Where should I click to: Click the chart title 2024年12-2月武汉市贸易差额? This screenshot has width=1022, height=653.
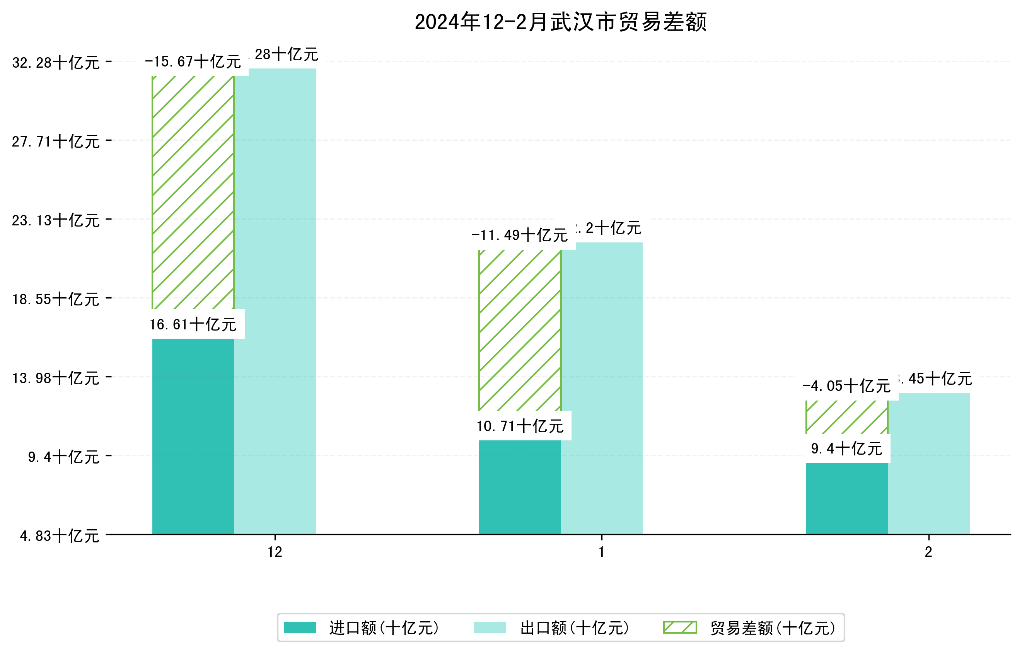560,22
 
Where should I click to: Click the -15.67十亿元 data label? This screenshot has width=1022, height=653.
193,62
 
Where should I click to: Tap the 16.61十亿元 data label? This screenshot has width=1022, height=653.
193,325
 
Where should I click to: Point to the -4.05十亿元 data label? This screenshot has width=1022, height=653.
846,386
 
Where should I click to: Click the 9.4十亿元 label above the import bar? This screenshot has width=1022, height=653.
846,448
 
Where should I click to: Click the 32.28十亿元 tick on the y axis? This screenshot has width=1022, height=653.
56,63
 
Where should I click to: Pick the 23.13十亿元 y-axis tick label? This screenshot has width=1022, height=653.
56,221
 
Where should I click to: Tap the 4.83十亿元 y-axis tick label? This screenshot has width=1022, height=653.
60,536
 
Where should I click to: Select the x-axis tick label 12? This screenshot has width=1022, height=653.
275,552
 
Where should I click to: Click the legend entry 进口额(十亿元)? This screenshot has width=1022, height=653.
384,628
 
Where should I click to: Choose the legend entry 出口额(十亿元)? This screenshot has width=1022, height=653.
574,628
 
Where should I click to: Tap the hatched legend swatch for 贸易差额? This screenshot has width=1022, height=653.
680,627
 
